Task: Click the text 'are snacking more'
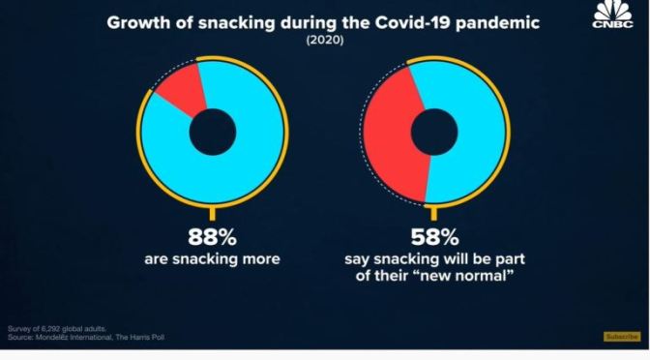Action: [x=212, y=259]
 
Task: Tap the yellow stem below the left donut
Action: [x=212, y=213]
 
